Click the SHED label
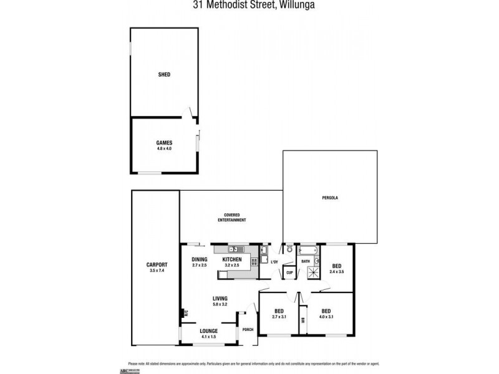pos(164,74)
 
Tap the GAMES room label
pos(164,143)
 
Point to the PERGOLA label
pos(331,198)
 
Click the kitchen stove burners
pos(254,262)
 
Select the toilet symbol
pos(289,249)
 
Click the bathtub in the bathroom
pos(308,251)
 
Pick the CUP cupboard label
pos(289,273)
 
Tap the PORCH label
pos(248,329)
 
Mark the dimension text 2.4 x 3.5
pos(337,272)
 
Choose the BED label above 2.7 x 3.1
pos(279,310)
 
